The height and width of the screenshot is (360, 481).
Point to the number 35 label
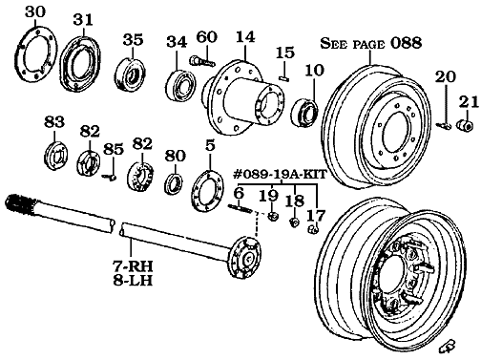(x=133, y=40)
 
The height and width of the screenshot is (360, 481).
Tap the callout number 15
(x=285, y=52)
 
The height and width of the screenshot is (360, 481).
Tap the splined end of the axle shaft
(x=19, y=203)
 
